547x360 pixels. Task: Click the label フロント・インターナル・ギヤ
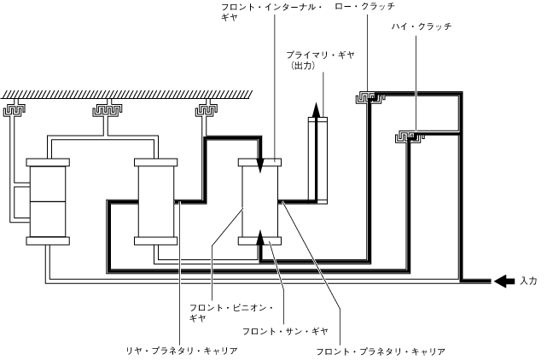pyautogui.click(x=271, y=12)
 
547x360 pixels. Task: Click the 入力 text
pyautogui.click(x=527, y=281)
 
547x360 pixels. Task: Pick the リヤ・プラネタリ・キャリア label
pyautogui.click(x=181, y=351)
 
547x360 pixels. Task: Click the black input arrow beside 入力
pyautogui.click(x=503, y=281)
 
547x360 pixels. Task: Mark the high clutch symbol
pyautogui.click(x=409, y=136)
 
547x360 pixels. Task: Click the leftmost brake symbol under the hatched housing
pyautogui.click(x=17, y=110)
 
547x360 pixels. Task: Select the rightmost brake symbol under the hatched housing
pyautogui.click(x=206, y=110)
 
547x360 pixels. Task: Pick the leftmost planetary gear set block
pyautogui.click(x=48, y=200)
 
